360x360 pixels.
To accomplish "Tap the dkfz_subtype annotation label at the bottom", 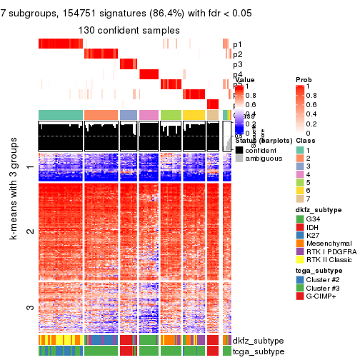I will pos(256,341).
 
